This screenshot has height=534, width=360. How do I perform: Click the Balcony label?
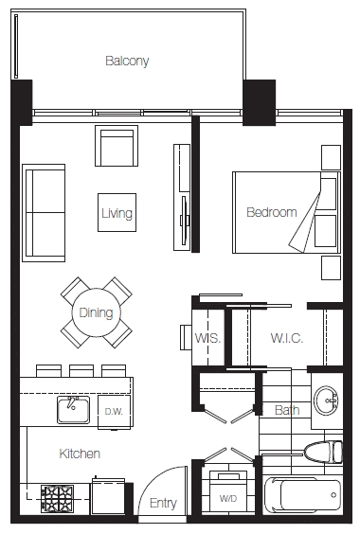click(127, 61)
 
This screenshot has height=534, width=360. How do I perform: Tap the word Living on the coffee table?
click(117, 213)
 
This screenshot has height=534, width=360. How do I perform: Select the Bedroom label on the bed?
click(271, 212)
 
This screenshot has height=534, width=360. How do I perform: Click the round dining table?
click(96, 312)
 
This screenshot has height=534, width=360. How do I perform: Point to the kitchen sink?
click(73, 410)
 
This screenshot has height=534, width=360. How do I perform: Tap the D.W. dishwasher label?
click(114, 412)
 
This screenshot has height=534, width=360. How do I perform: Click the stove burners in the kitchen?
click(57, 498)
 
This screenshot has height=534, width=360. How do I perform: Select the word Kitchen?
click(80, 454)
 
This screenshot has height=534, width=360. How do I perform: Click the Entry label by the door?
click(163, 503)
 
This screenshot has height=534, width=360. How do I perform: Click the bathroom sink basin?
click(326, 400)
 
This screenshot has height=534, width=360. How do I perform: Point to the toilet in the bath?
click(323, 452)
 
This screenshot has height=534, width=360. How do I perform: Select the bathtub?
click(302, 495)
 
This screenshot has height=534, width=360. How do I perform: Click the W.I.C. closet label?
click(287, 338)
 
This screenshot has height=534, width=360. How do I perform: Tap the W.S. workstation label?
click(207, 338)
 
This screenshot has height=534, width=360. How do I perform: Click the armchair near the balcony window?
click(117, 146)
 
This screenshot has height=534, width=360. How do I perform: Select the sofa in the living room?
click(44, 213)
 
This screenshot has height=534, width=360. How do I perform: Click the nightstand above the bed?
click(331, 157)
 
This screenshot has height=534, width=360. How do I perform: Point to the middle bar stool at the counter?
click(81, 371)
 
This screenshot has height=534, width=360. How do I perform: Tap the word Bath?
click(287, 410)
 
